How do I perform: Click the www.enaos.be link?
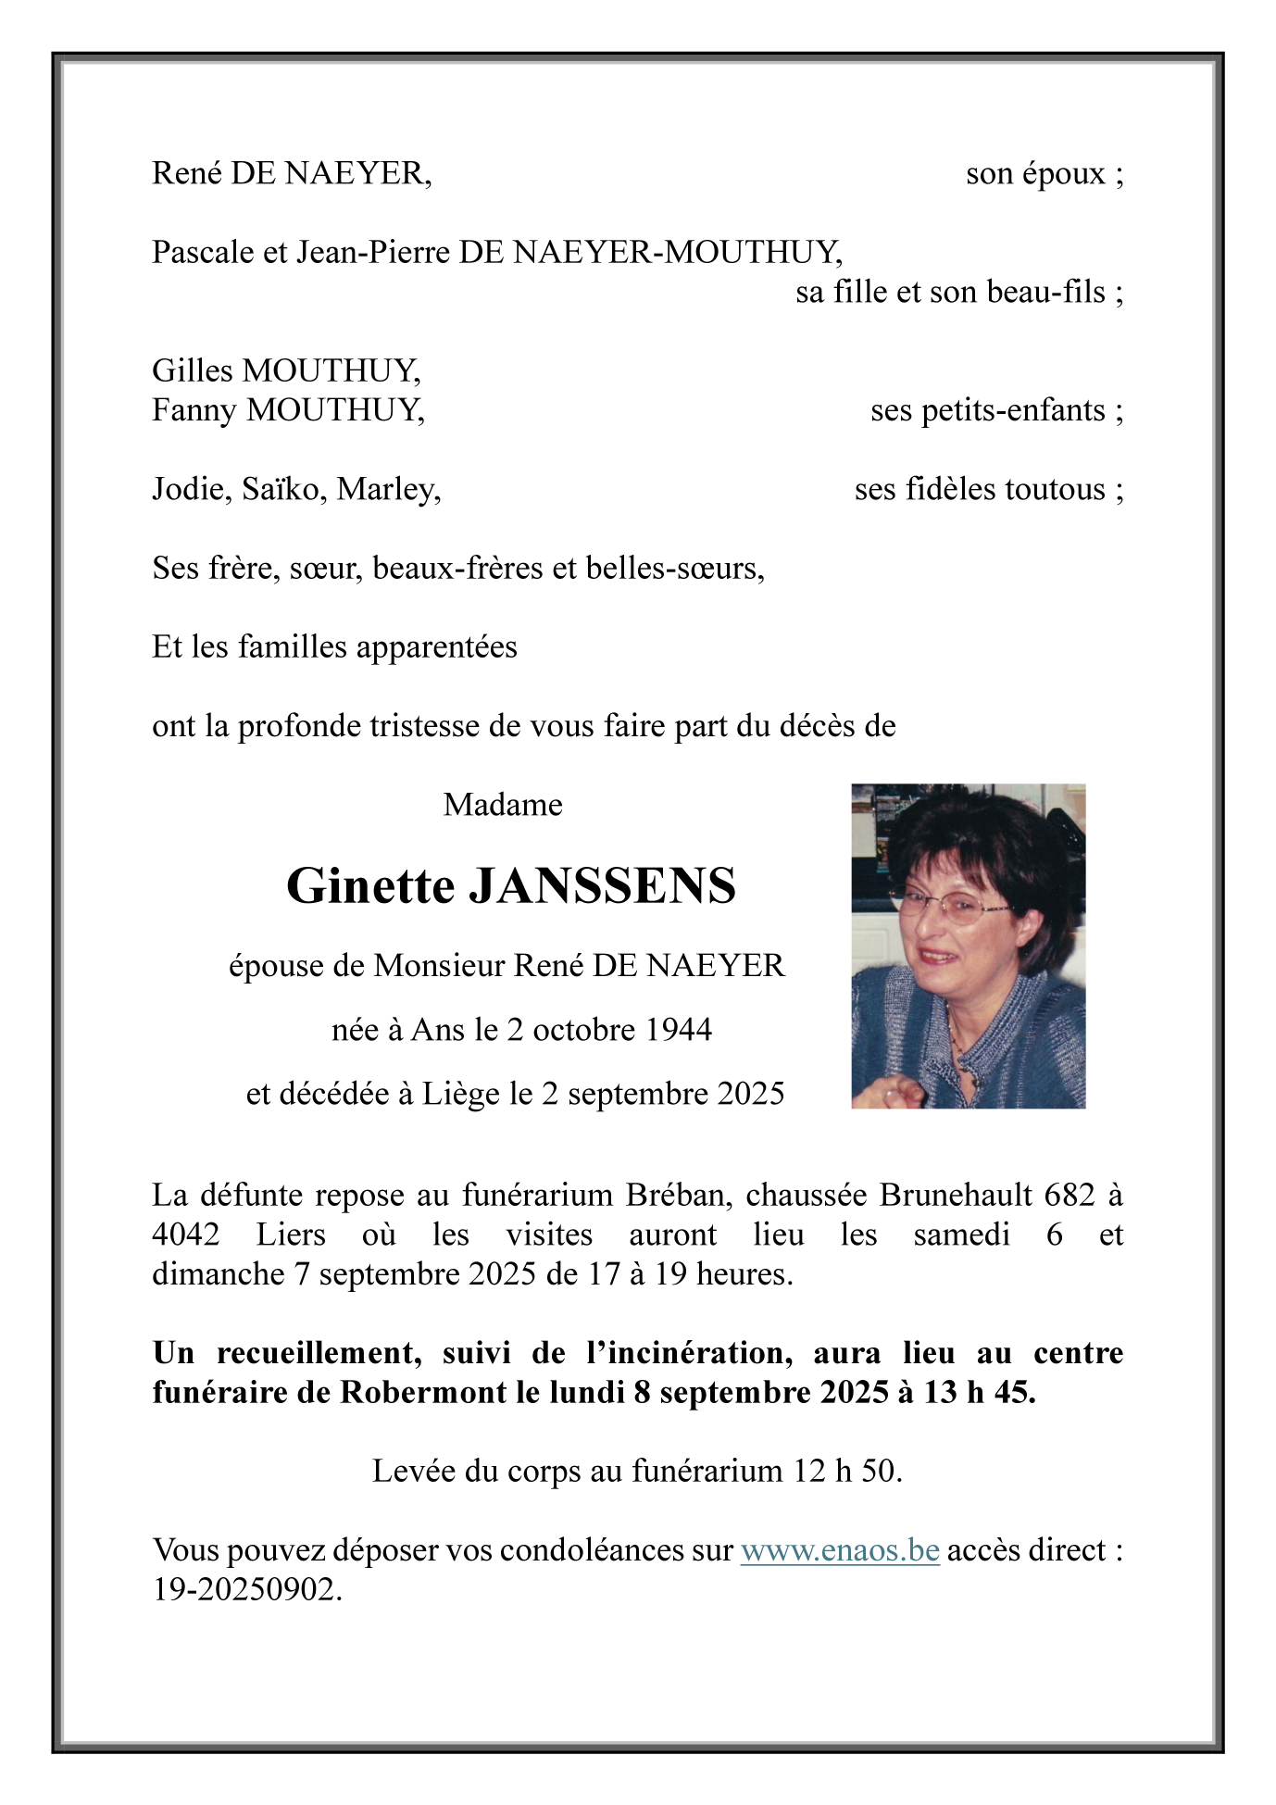pos(840,1550)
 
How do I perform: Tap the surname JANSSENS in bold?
pos(603,886)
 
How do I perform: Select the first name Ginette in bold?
pos(370,886)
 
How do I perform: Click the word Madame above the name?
pos(503,805)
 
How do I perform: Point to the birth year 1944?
pos(678,1030)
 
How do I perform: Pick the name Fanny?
pos(194,410)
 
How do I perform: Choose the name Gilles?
pos(193,370)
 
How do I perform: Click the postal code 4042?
pos(186,1235)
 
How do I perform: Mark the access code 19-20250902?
pos(246,1590)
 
